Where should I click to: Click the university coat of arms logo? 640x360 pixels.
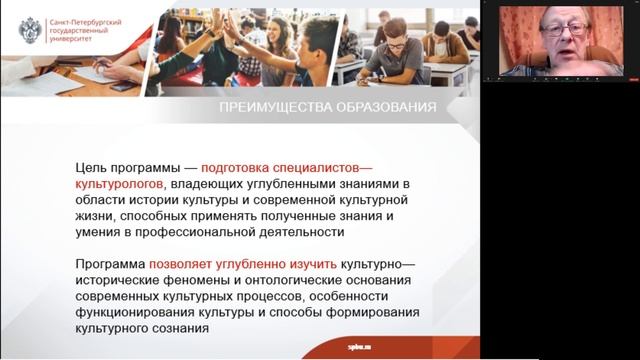[x=30, y=30]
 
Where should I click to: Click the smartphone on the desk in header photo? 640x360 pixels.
[x=120, y=86]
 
